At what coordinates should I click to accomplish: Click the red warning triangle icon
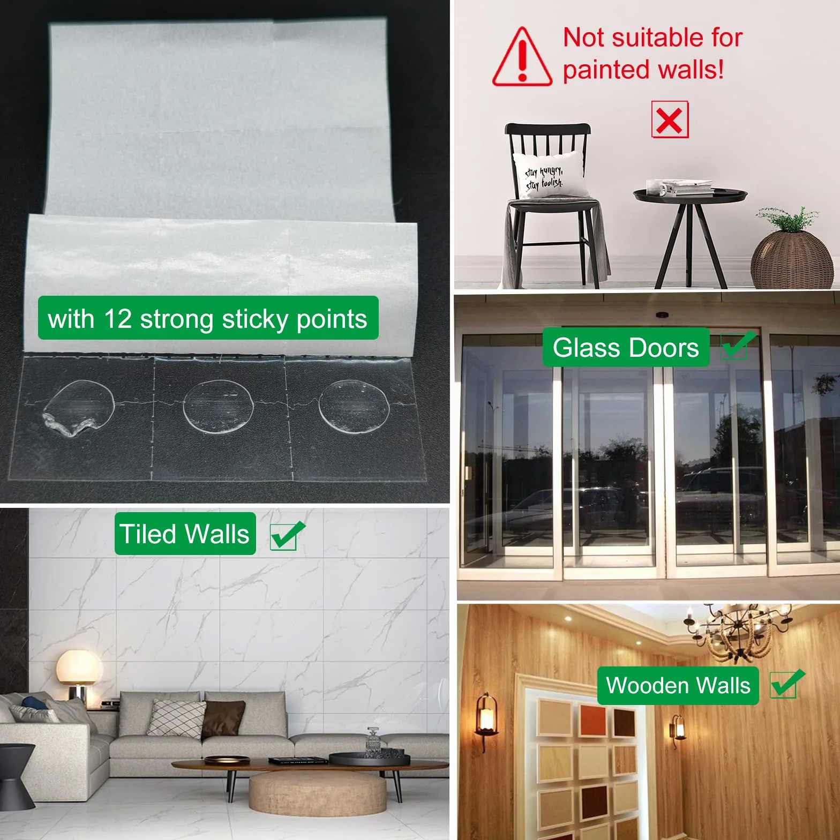coord(522,58)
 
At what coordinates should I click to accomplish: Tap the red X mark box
coord(670,119)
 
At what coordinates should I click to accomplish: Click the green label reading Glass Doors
coord(626,348)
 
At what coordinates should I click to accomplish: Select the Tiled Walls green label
coord(185,534)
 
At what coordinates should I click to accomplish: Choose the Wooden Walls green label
coord(678,686)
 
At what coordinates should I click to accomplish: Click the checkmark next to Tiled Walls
coord(287,535)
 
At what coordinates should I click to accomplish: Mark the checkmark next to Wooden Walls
coord(787,684)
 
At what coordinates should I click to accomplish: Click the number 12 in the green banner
coord(118,319)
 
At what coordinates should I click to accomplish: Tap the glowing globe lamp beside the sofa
coord(79,667)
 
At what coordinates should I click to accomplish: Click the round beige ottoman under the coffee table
coord(317,793)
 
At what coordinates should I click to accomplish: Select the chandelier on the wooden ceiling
coord(738,632)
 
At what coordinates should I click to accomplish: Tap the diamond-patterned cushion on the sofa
coord(177,718)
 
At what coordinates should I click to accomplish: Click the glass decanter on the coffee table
coord(373,742)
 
